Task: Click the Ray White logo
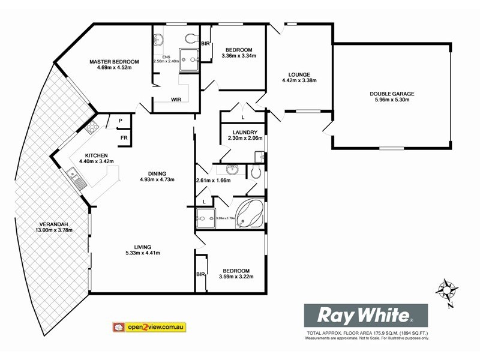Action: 365,315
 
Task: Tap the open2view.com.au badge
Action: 149,328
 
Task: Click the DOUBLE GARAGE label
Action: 392,94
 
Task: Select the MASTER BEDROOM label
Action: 114,61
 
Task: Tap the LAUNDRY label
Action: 242,132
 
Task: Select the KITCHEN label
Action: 95,155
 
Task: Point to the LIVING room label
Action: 142,247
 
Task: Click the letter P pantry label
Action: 121,121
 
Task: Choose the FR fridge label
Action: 124,138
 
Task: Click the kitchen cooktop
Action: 92,127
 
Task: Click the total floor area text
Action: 367,332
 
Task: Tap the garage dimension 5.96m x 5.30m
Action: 392,100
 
